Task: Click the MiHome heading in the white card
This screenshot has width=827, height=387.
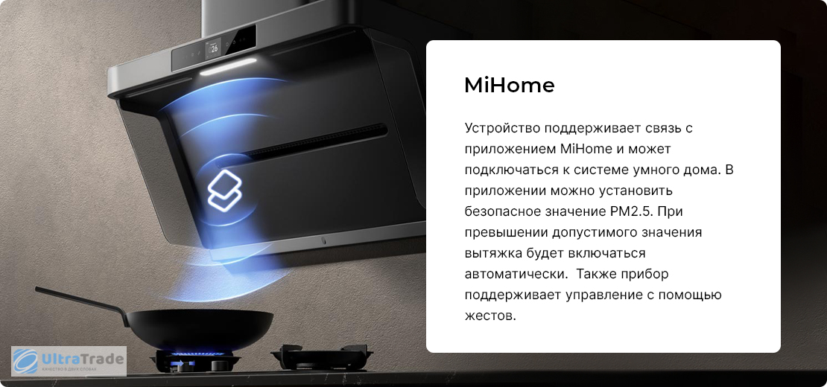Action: (x=509, y=86)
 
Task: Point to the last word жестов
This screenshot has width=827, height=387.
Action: (x=489, y=316)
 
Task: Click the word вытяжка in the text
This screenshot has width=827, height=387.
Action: (x=493, y=253)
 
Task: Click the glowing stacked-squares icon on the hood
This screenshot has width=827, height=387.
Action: (x=224, y=190)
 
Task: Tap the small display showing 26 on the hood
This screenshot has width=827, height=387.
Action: (x=214, y=49)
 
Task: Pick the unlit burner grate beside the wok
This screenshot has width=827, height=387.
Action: (x=322, y=357)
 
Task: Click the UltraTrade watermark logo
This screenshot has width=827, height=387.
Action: (x=69, y=361)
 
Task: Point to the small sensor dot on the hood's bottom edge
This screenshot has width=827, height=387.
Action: (x=323, y=242)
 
